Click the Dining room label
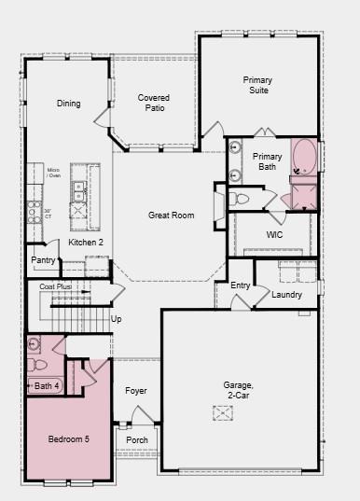(68, 104)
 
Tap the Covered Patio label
(153, 104)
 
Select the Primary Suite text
(257, 86)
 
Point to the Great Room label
(171, 216)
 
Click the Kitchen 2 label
(86, 243)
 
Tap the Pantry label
(43, 260)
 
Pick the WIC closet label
(274, 235)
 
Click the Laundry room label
(286, 295)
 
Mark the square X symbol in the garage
(223, 413)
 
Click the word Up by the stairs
(117, 319)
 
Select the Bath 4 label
(47, 386)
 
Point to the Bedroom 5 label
(68, 438)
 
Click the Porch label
(137, 440)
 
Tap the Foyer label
(136, 391)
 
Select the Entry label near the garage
(241, 285)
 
